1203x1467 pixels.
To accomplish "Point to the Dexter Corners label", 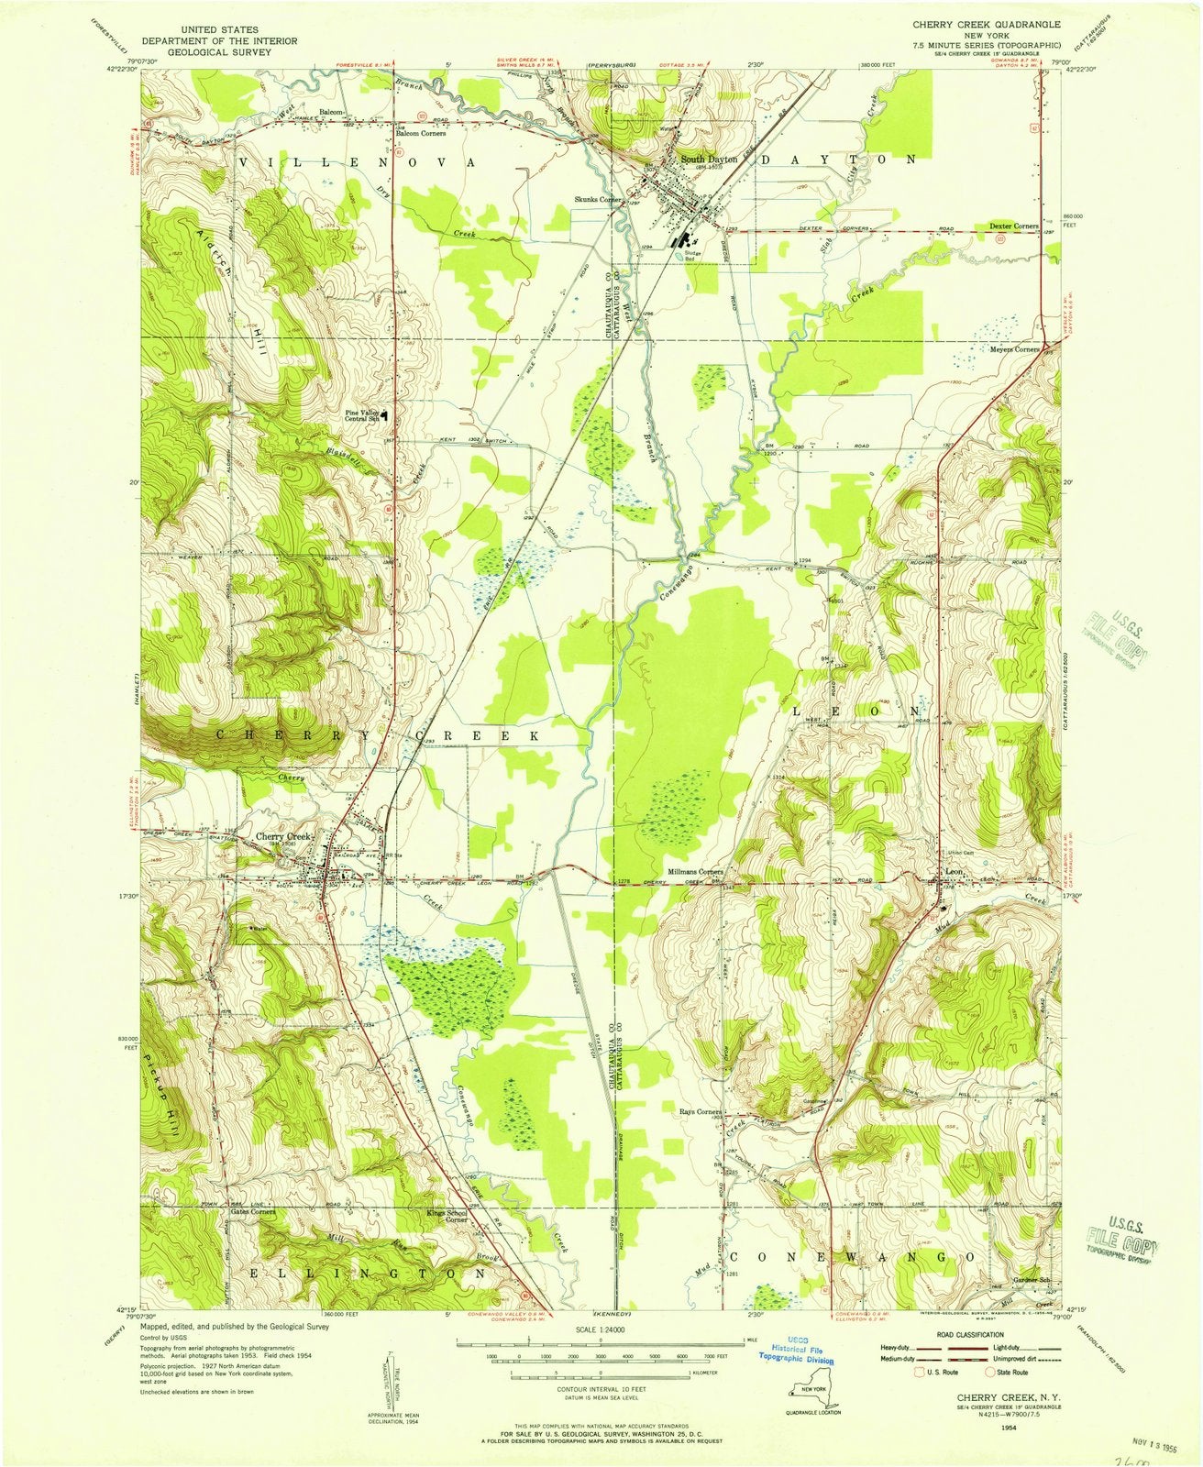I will pos(1013,225).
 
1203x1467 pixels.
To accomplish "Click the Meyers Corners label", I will pos(1011,349).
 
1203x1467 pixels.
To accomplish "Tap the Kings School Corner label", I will pos(447,1217).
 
